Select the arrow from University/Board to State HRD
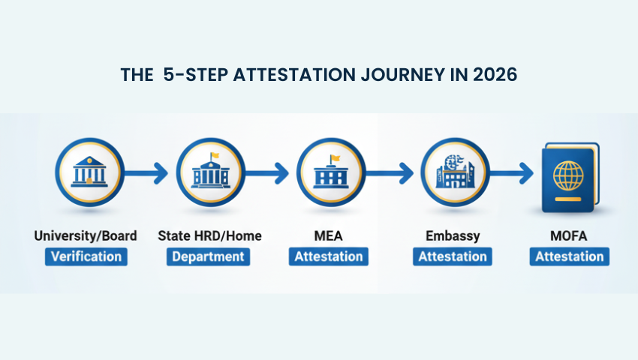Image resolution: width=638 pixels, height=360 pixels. pyautogui.click(x=148, y=175)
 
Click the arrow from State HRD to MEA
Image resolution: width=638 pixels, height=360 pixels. pyautogui.click(x=269, y=175)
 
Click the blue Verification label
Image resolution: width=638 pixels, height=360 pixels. pyautogui.click(x=86, y=256)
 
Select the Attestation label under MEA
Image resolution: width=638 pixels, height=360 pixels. pyautogui.click(x=328, y=256)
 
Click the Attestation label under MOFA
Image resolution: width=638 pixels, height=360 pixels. pyautogui.click(x=570, y=256)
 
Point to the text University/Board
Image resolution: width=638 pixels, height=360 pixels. pyautogui.click(x=86, y=236)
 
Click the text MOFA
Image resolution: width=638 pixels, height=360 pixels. pyautogui.click(x=570, y=236)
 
